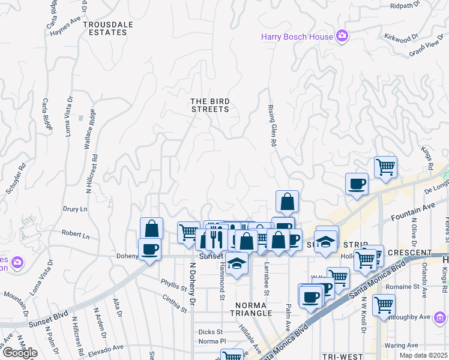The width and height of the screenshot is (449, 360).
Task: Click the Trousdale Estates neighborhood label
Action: (105, 28)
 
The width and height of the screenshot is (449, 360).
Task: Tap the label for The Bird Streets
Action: (210, 105)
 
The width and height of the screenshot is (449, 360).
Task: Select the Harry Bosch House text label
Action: (297, 37)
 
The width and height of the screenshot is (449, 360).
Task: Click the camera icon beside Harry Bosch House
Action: (342, 37)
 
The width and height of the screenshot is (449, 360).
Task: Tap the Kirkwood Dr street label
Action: (402, 37)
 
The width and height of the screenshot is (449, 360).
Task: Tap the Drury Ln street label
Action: (75, 209)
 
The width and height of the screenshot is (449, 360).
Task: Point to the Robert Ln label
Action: (75, 235)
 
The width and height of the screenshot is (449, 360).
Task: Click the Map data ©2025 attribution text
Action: (423, 355)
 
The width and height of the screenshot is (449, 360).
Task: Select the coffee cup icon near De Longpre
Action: (357, 184)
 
